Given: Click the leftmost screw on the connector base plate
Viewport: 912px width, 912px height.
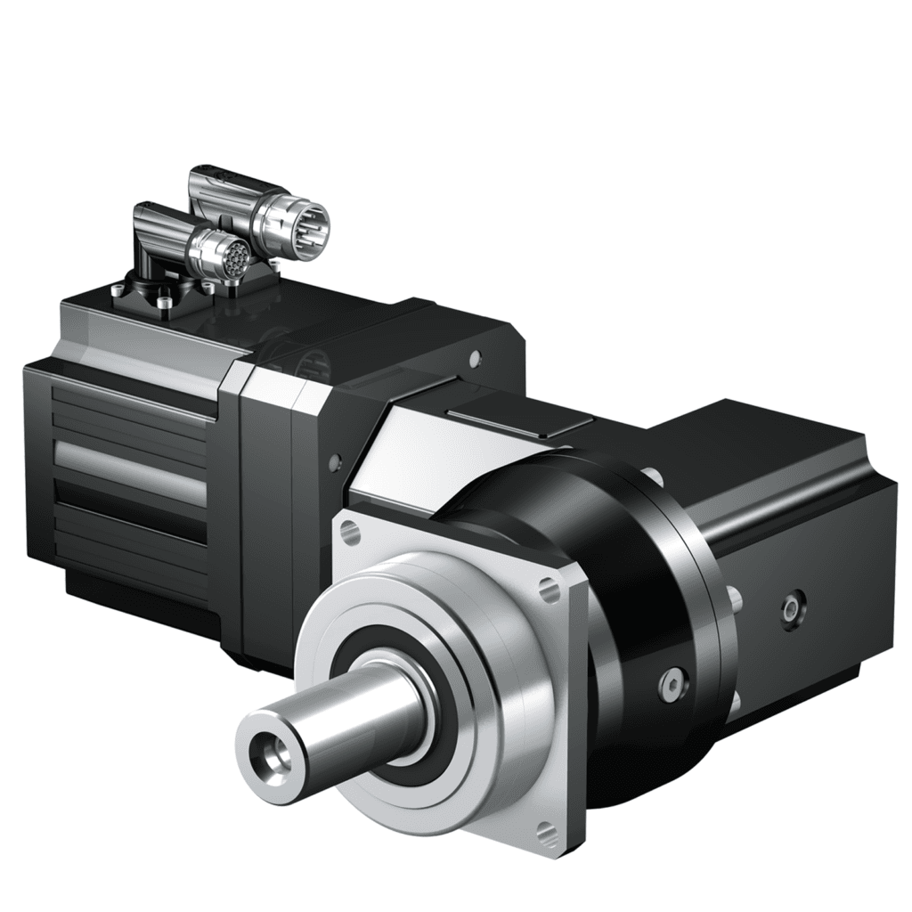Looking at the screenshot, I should click(118, 287).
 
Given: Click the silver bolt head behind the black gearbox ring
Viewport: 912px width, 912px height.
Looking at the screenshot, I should click(736, 606).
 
